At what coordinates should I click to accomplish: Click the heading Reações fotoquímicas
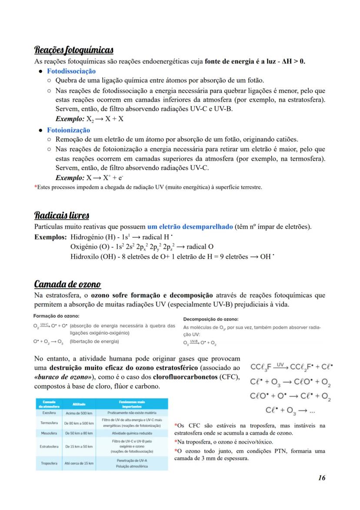(74, 50)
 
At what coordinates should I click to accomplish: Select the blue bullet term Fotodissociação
(71, 71)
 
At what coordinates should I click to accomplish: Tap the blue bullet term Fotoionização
(69, 130)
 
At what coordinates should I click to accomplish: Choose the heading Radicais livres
(62, 216)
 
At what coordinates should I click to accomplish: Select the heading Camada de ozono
(67, 284)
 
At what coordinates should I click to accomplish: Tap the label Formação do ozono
(57, 316)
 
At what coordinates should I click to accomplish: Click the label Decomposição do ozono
(211, 319)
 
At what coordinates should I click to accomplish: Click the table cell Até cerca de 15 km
(79, 463)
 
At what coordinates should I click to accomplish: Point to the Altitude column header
(79, 404)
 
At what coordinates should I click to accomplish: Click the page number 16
(321, 478)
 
